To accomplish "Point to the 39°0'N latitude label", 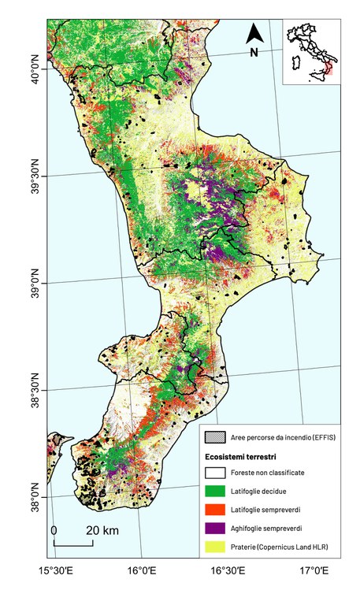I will pos(36,283).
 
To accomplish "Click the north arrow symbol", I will pos(254,33).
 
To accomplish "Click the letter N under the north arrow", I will pos(254,53).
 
